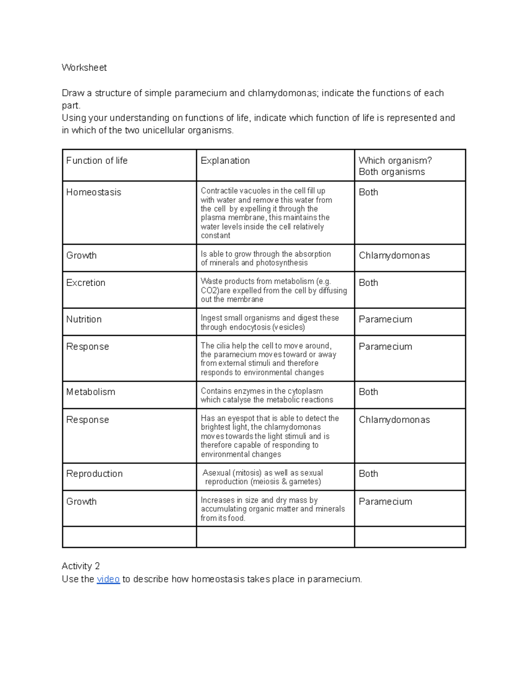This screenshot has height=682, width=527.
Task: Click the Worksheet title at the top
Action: [x=84, y=68]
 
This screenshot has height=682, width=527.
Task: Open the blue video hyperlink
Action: [x=108, y=579]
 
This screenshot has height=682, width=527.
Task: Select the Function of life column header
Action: [x=97, y=161]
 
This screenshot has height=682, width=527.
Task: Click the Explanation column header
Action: [x=225, y=161]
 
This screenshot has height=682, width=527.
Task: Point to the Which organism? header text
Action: [x=395, y=161]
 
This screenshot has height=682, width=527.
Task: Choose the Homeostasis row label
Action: [x=94, y=192]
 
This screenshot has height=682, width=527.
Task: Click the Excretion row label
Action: [x=86, y=283]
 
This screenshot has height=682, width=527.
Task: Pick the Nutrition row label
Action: [x=83, y=319]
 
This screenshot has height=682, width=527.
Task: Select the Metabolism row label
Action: [x=90, y=392]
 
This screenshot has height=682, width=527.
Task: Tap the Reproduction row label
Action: [x=94, y=474]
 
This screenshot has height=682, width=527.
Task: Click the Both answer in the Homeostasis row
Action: [x=368, y=192]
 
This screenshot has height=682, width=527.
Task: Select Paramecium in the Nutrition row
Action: [x=385, y=319]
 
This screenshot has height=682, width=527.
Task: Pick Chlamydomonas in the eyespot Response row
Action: [x=394, y=420]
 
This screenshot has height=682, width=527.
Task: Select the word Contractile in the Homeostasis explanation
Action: [x=218, y=191]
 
